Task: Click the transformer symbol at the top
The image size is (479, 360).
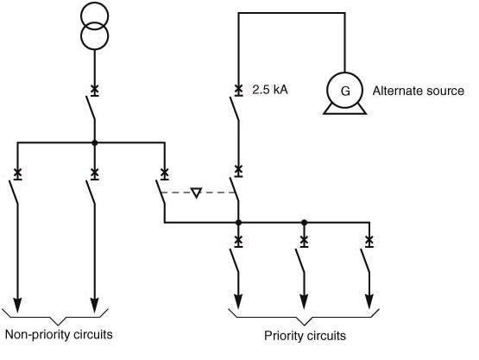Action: coord(94,26)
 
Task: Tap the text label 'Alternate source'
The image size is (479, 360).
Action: coord(419,91)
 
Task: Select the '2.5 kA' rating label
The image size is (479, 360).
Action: coord(269,90)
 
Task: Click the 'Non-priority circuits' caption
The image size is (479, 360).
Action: coord(59,334)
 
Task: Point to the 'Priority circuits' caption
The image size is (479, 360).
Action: coord(304,335)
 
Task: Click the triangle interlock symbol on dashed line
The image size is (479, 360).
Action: coord(196,193)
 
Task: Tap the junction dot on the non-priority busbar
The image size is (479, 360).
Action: coord(94,142)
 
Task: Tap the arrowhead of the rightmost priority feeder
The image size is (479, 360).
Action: coord(369,301)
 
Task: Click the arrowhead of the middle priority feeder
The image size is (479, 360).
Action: coord(303,301)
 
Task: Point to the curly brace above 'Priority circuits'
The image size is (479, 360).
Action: coord(304,316)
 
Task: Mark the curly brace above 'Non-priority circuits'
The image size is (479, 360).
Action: coord(56,314)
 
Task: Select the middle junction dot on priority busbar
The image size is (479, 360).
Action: coord(303,223)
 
